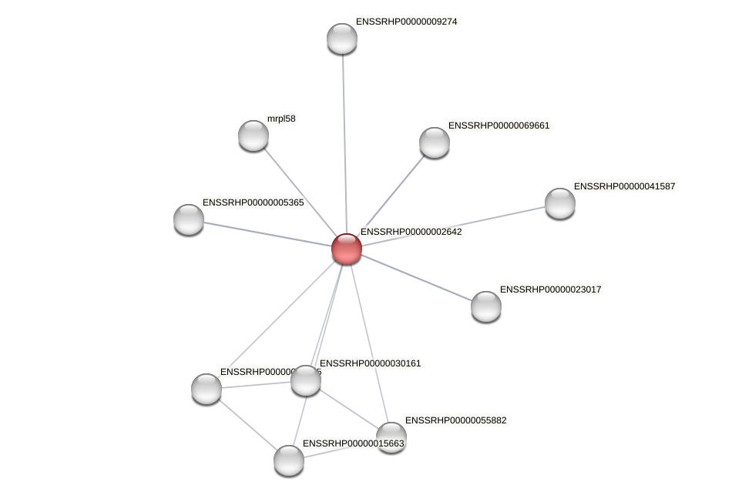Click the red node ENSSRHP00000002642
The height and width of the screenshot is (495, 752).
click(x=347, y=249)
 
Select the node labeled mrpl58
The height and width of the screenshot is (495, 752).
click(x=253, y=135)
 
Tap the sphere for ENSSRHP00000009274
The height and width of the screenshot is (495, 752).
click(x=342, y=38)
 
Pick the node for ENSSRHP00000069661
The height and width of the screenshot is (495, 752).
click(x=435, y=142)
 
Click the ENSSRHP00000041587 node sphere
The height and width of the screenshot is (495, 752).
click(x=560, y=203)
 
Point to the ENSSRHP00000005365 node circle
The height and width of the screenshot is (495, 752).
click(x=189, y=219)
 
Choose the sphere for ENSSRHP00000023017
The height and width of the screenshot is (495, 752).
click(x=486, y=306)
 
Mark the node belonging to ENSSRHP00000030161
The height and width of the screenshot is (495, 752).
click(x=306, y=380)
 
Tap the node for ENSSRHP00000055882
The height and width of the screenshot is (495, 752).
click(x=391, y=436)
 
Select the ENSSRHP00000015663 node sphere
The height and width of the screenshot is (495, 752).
click(x=289, y=460)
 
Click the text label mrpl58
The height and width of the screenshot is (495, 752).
click(x=281, y=119)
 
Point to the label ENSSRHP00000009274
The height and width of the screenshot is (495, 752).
click(x=406, y=22)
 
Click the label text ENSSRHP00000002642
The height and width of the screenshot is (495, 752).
click(x=411, y=232)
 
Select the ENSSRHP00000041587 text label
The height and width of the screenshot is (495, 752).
click(x=624, y=186)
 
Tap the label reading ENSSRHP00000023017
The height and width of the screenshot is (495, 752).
click(x=550, y=289)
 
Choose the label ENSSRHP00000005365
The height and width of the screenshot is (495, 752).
click(x=253, y=202)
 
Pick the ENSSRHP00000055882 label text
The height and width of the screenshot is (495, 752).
click(x=456, y=420)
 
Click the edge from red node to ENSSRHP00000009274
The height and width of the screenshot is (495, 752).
click(x=344, y=139)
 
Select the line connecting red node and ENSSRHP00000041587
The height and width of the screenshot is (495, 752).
click(x=455, y=226)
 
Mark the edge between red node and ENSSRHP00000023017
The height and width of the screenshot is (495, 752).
click(x=416, y=277)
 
